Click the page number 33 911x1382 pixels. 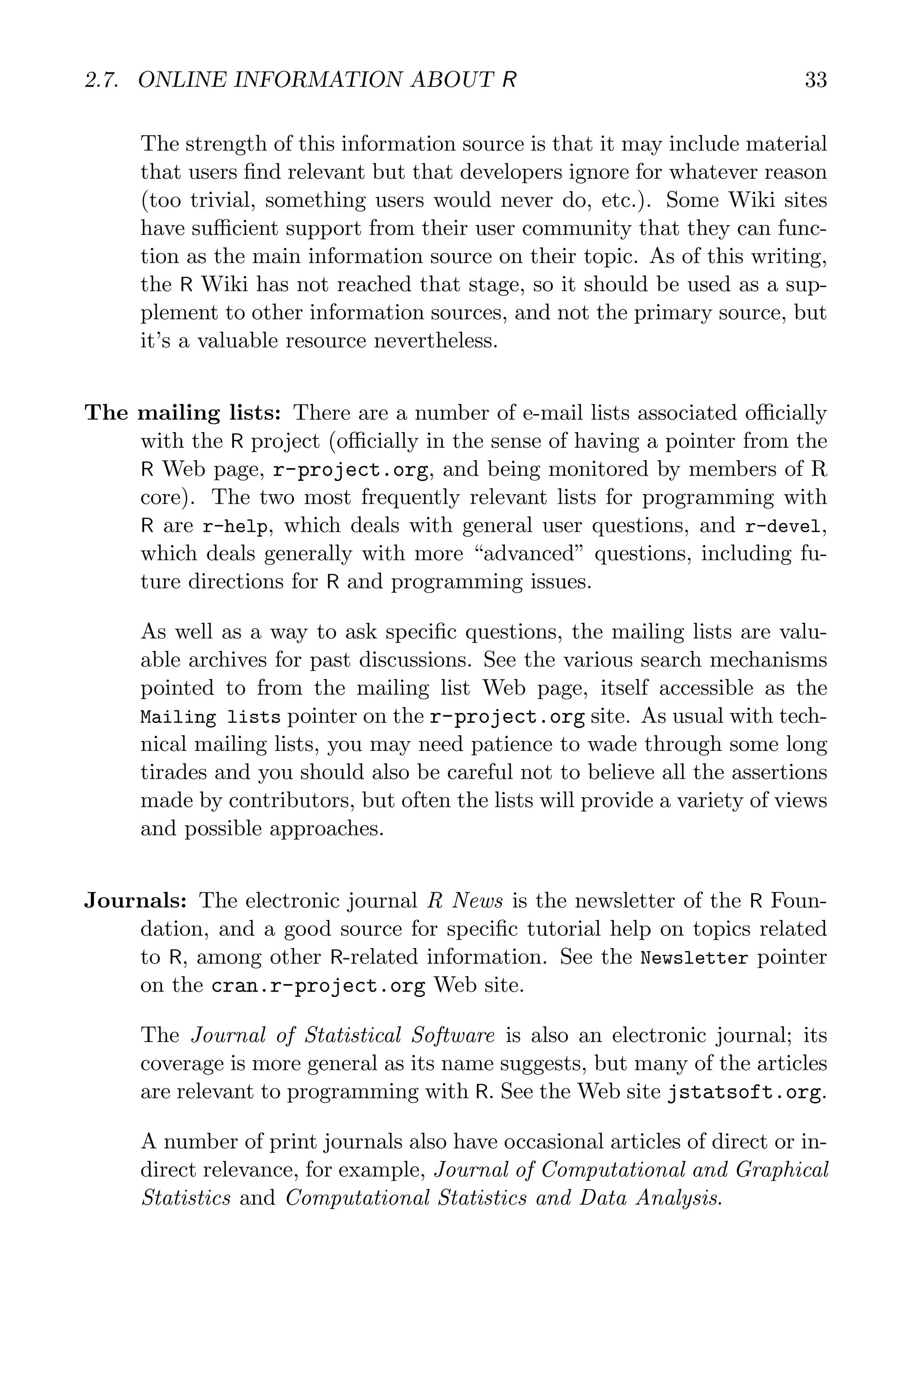click(815, 80)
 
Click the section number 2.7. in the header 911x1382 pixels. click(103, 80)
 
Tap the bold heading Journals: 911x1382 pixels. click(135, 900)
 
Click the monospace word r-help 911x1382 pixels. click(235, 527)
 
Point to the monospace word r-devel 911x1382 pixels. click(784, 527)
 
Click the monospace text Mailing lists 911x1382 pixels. click(210, 717)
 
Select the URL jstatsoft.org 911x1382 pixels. click(744, 1092)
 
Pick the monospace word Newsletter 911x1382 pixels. click(694, 958)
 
